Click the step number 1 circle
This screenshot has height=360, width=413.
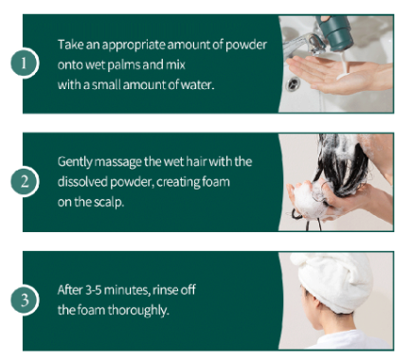[25, 63]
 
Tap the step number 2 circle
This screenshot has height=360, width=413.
[25, 181]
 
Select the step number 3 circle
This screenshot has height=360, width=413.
[25, 299]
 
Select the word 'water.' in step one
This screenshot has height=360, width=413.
[197, 84]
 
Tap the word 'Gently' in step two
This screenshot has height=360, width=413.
[75, 162]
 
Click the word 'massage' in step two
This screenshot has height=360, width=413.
[118, 163]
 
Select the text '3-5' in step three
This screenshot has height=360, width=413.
[93, 290]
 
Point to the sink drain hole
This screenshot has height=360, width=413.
[293, 83]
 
